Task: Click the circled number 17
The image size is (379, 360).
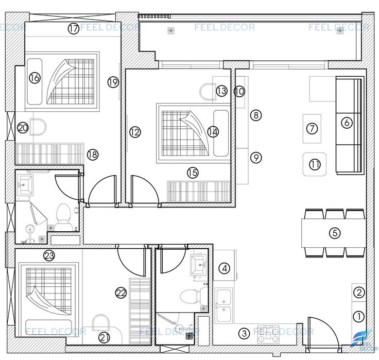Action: click(x=74, y=29)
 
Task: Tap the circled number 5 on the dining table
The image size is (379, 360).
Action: click(x=335, y=233)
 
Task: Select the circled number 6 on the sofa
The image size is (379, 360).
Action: click(x=347, y=123)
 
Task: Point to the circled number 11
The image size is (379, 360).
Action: click(x=315, y=165)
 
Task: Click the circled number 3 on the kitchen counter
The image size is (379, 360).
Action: click(x=244, y=334)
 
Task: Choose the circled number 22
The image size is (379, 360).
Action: click(x=121, y=293)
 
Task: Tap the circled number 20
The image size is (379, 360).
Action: click(x=23, y=127)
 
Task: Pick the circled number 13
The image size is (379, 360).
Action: click(x=221, y=91)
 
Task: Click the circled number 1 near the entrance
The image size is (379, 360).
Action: click(x=359, y=317)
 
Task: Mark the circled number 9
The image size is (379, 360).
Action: click(x=256, y=158)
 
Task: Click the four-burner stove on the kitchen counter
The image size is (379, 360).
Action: click(x=268, y=334)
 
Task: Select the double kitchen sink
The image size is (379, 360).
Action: click(x=224, y=305)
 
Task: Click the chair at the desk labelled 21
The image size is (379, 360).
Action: click(x=101, y=322)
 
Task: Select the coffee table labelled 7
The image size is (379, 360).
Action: click(x=312, y=129)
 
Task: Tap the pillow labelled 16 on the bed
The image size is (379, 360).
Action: click(x=35, y=81)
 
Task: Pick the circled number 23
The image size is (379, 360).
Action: click(x=49, y=255)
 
